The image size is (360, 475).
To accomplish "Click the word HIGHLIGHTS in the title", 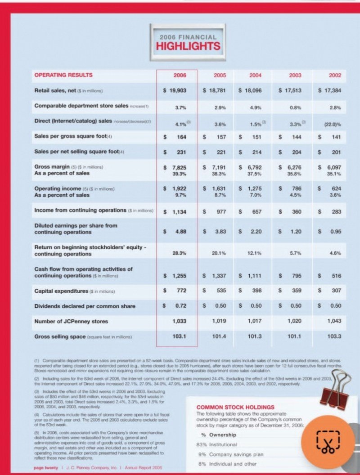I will tap(188, 46).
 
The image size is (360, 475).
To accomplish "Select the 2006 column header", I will tap(180, 75).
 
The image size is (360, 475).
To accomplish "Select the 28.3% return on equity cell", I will tap(177, 254).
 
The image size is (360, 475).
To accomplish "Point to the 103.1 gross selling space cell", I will tap(177, 336).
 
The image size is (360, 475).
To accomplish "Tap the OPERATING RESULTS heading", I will tap(63, 75).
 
